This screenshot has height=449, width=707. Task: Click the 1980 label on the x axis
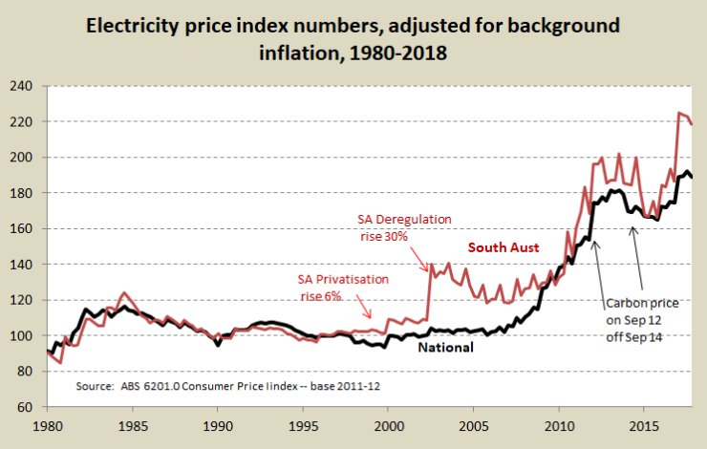[x=47, y=422]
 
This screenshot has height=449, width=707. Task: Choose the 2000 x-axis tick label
[x=389, y=422]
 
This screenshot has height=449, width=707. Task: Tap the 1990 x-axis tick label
[x=218, y=422]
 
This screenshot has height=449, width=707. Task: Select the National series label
[x=445, y=347]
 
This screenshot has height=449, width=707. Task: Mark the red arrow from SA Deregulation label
[x=421, y=256]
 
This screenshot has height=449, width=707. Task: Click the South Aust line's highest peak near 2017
[x=678, y=113]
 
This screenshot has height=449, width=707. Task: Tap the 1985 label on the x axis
[x=133, y=422]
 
